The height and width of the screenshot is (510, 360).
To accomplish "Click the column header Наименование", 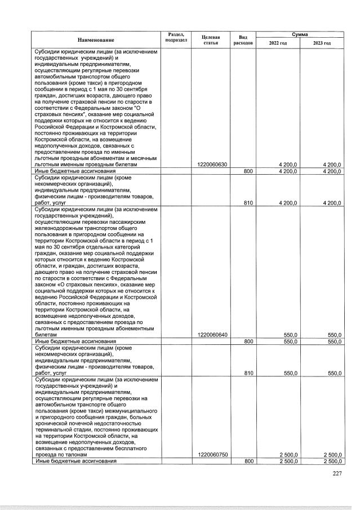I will pos(96,40).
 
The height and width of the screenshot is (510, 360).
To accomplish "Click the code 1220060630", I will pos(213,165).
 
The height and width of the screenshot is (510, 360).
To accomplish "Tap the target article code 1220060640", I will pos(213,335).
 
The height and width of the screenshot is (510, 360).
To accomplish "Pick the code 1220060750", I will pos(213,455).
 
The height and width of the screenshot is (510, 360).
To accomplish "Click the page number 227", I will pos(336,473).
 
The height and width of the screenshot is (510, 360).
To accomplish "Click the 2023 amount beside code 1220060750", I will pos(332,455).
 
